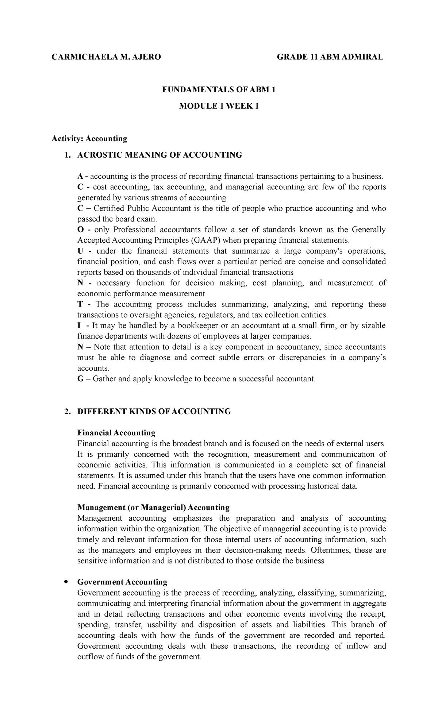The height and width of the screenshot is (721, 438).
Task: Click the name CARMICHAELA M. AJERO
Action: tap(106, 57)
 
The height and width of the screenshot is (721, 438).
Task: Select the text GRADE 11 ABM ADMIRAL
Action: tap(330, 57)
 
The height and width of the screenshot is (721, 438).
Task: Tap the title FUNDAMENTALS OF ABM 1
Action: tap(219, 90)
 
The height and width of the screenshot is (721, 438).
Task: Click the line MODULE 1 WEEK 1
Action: tap(219, 107)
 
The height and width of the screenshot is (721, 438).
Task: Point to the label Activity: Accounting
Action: tap(89, 139)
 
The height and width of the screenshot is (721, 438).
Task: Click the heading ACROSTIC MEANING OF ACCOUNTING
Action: tap(160, 155)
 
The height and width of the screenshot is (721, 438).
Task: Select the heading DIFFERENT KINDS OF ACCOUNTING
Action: tap(154, 412)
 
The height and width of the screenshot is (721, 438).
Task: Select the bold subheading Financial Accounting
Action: tap(116, 433)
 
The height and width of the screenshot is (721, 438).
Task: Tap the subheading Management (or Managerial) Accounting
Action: tap(153, 508)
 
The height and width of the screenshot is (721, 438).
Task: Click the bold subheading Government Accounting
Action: tap(122, 582)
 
